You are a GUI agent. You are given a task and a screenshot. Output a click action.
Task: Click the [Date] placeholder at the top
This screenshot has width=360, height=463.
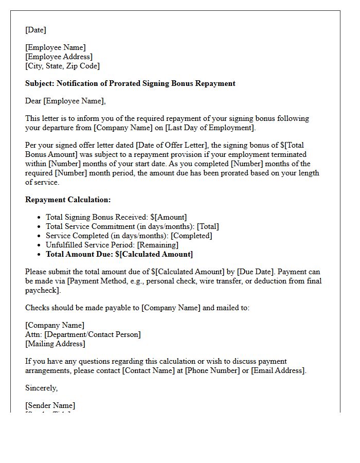pos(35,30)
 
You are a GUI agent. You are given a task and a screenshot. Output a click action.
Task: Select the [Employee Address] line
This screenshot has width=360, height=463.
pos(59,57)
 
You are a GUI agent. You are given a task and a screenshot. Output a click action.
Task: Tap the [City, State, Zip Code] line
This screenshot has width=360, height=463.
pos(62,66)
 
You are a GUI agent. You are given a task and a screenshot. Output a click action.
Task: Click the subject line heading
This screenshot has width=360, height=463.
pos(130,83)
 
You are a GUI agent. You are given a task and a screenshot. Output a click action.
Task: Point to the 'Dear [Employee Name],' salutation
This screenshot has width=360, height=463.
pos(65,101)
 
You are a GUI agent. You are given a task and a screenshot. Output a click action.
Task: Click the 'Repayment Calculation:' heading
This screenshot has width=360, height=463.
pos(68,200)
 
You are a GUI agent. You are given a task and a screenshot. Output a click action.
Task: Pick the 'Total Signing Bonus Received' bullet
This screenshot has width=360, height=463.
pos(116,217)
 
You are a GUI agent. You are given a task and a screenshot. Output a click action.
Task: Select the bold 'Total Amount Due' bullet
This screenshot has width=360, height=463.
pos(119,254)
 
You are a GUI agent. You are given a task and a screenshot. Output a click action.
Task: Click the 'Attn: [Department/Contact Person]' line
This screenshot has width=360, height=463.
pos(83,334)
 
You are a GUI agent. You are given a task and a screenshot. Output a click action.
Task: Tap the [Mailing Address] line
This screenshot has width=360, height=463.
pos(55,344)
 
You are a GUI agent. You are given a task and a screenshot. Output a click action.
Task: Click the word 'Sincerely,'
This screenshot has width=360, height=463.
pos(42,388)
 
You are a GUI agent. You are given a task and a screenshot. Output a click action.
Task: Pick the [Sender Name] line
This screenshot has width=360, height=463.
pos(50,405)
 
